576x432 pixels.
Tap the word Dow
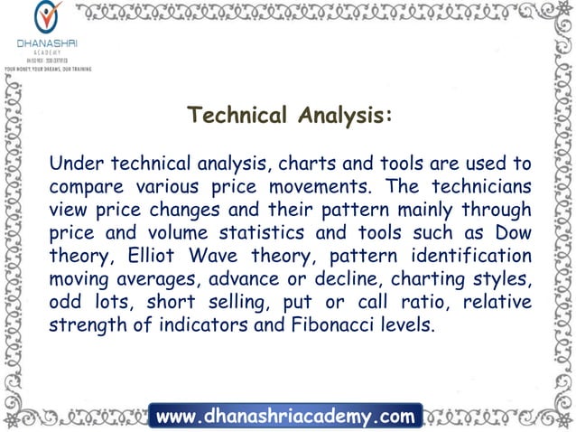click(513, 232)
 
